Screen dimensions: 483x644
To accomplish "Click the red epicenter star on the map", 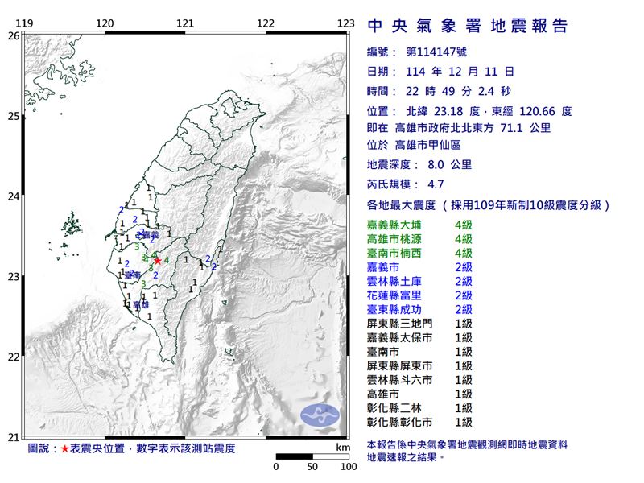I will point(158,260).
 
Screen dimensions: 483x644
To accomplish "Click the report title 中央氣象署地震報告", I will point(467,27).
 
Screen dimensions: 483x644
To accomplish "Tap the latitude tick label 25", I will point(13,117).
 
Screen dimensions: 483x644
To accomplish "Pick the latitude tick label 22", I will point(13,357).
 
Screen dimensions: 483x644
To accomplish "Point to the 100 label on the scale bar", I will point(348,466).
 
